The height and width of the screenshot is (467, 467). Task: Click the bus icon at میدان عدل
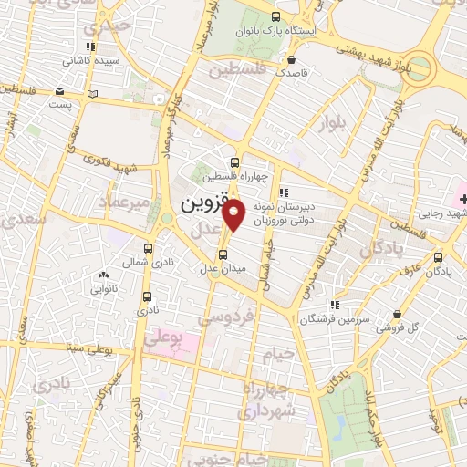pyautogui.click(x=223, y=254)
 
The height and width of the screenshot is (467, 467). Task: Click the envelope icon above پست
pyautogui.click(x=59, y=91)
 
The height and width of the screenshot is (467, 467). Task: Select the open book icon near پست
pyautogui.click(x=90, y=92)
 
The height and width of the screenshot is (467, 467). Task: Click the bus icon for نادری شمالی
pyautogui.click(x=149, y=247)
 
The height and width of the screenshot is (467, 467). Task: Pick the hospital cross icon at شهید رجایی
pyautogui.click(x=462, y=198)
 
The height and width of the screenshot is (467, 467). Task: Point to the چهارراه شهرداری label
pyautogui.click(x=262, y=400)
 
